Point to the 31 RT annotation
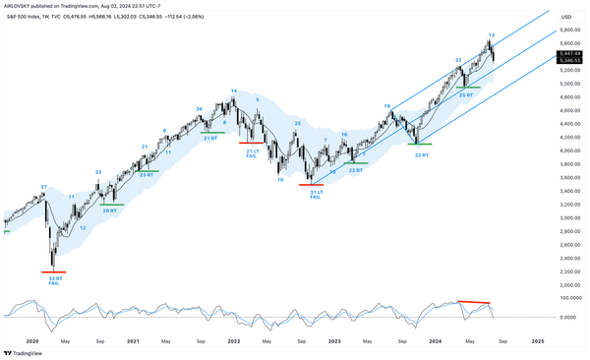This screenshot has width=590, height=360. click(210, 138)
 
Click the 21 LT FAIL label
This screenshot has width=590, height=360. click(252, 152)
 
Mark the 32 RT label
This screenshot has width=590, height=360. click(422, 154)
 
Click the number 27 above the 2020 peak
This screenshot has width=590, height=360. click(43, 186)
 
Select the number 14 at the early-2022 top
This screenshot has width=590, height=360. click(234, 91)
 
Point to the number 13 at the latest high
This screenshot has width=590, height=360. click(491, 35)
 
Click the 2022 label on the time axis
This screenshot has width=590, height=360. click(234, 340)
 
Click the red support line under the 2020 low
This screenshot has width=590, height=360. click(53, 271)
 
